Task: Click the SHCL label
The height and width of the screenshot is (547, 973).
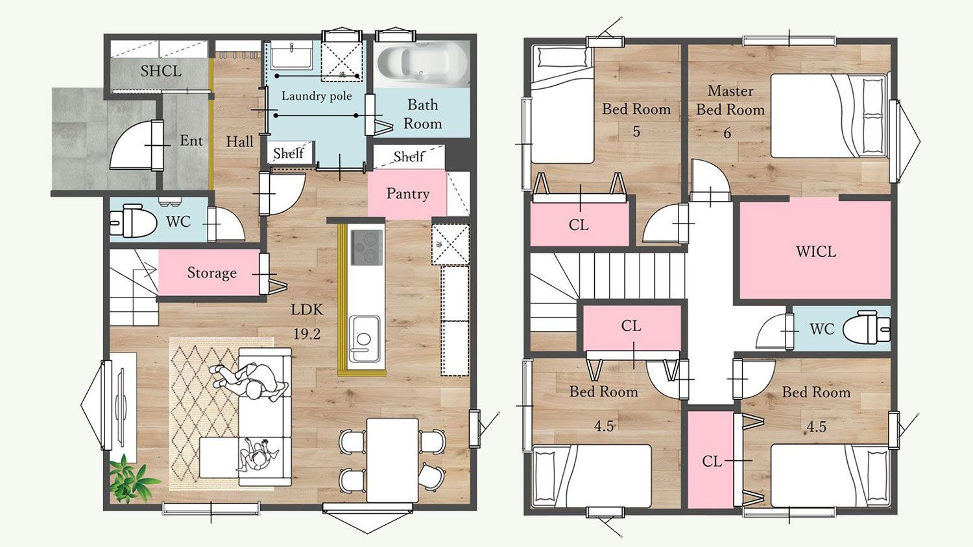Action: pyautogui.click(x=161, y=71)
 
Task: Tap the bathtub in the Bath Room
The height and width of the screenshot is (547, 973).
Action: pyautogui.click(x=422, y=64)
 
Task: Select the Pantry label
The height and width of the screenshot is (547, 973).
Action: pyautogui.click(x=408, y=194)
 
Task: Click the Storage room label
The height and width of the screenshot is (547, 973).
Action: pyautogui.click(x=212, y=273)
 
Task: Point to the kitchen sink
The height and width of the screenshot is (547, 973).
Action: pyautogui.click(x=364, y=338)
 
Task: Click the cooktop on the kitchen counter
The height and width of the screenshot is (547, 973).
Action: pyautogui.click(x=367, y=248)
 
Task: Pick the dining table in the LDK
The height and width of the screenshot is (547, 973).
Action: pyautogui.click(x=392, y=460)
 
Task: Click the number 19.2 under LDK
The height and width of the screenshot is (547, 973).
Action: pyautogui.click(x=307, y=334)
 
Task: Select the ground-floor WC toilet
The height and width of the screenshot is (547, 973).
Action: pyautogui.click(x=133, y=222)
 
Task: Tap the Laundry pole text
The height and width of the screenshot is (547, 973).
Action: pyautogui.click(x=317, y=96)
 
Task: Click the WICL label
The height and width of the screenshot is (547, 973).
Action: pyautogui.click(x=816, y=251)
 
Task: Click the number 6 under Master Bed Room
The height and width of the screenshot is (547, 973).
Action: pyautogui.click(x=727, y=133)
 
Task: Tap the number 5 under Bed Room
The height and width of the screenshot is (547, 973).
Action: pyautogui.click(x=636, y=131)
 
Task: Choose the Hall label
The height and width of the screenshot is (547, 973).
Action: pyautogui.click(x=239, y=141)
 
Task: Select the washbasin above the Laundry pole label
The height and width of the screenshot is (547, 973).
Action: pyautogui.click(x=291, y=55)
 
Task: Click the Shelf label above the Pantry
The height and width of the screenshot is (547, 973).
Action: pyautogui.click(x=409, y=156)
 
